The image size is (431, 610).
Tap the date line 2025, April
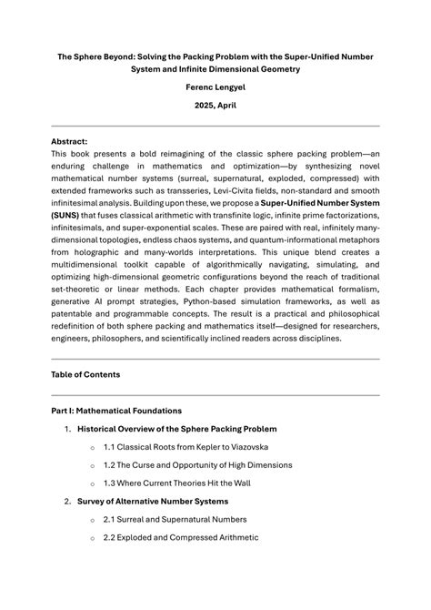tap(215, 107)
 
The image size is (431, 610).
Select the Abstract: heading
tap(70, 142)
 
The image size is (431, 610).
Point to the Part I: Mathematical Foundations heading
tap(116, 411)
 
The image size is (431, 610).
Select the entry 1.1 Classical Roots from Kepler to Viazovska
tap(185, 447)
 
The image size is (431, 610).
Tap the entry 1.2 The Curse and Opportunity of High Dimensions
tap(197, 465)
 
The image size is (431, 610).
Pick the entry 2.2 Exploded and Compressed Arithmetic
tap(181, 537)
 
